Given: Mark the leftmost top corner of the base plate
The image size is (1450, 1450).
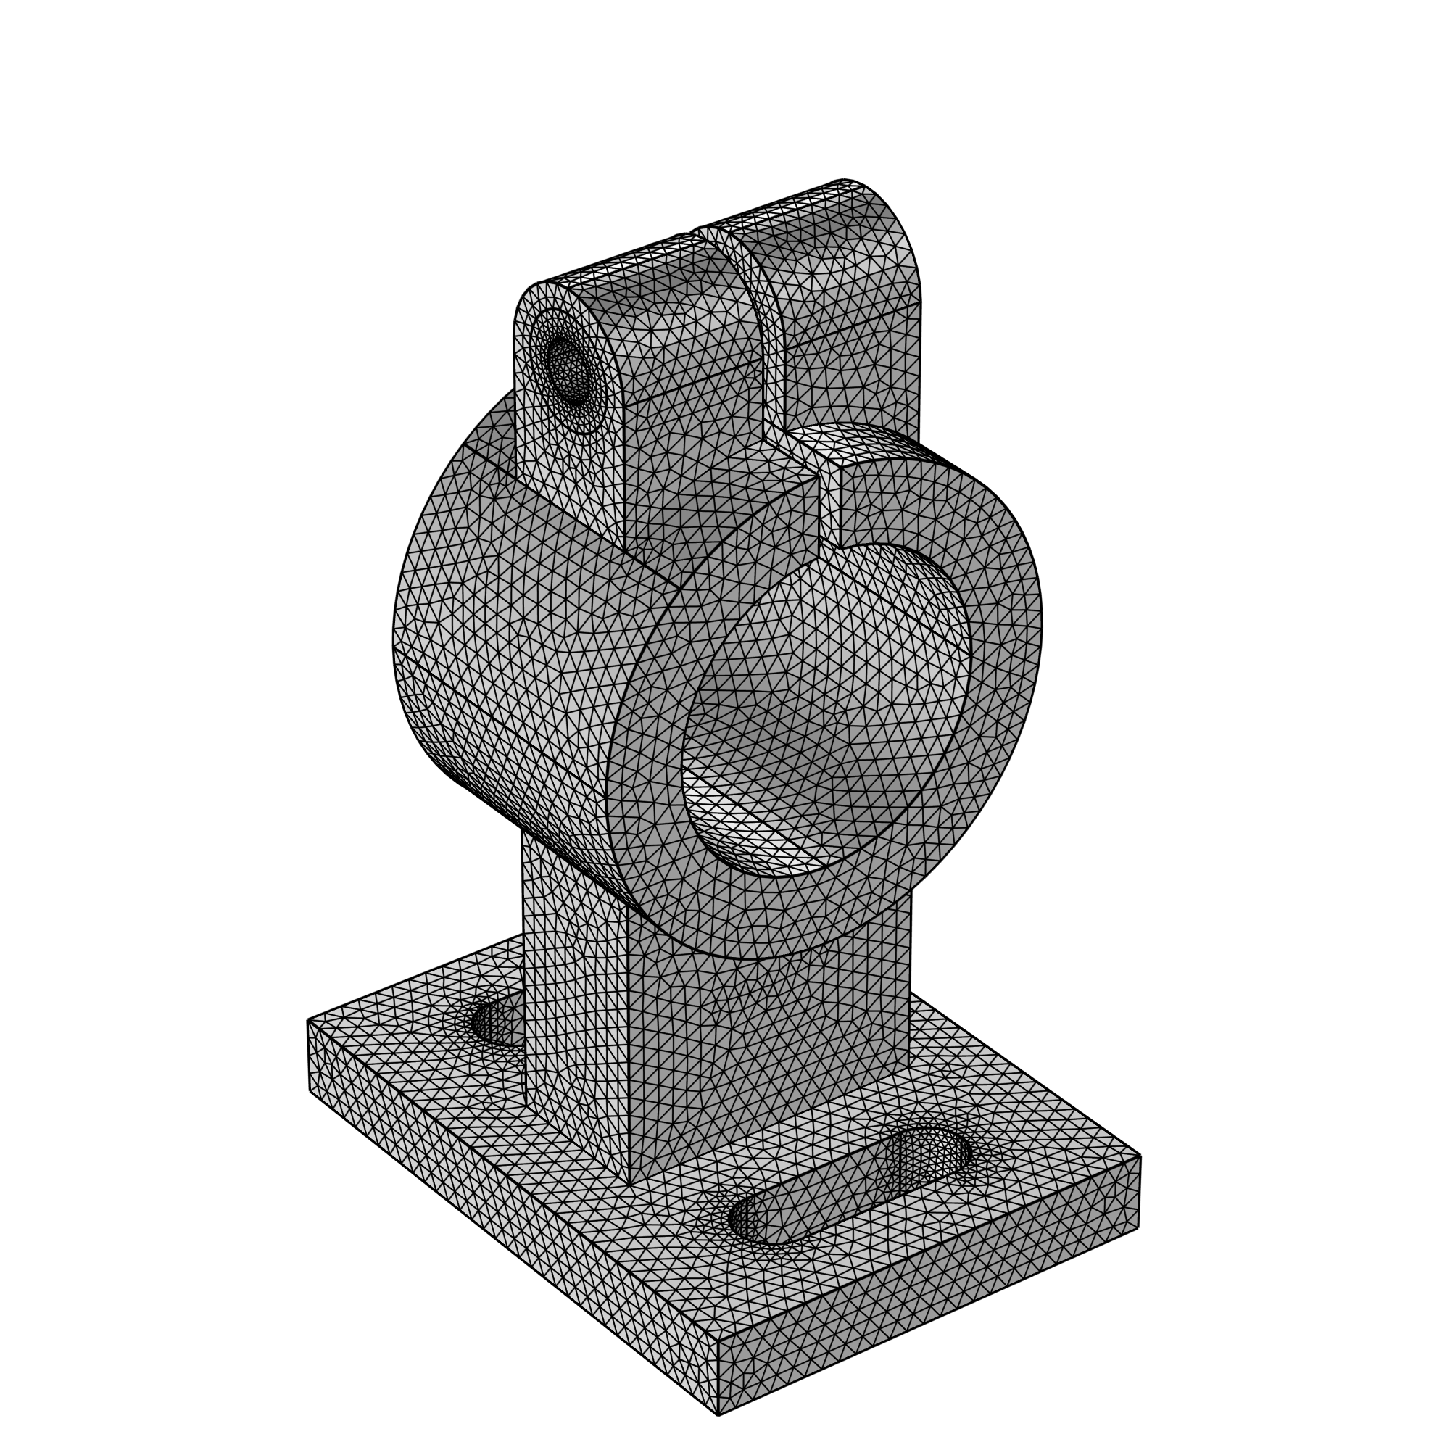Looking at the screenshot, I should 307,1020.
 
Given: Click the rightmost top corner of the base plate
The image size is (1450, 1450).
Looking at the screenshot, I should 1140,1156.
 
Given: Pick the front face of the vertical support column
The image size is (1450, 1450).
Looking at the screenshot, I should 766,1051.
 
